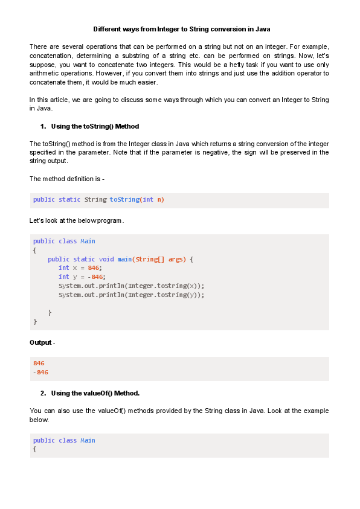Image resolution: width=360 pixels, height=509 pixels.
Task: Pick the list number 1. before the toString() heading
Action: coord(43,126)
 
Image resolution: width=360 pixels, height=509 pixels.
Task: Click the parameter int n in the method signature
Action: coord(152,200)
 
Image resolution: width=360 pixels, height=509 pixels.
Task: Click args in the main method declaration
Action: coord(176,260)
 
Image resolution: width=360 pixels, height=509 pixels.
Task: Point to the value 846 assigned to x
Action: coord(94,268)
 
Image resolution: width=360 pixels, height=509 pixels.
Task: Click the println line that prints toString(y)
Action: coord(131,295)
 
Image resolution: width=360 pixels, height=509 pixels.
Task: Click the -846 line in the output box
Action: coord(41,372)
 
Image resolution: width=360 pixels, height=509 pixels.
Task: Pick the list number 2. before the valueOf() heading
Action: coord(43,393)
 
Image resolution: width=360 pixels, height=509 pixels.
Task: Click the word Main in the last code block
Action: coord(88,440)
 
